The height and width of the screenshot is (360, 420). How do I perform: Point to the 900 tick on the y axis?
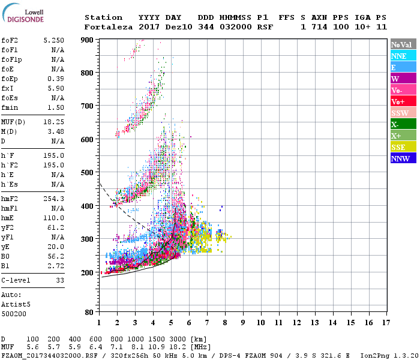(x=88, y=40)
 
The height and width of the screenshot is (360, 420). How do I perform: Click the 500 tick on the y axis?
(x=88, y=173)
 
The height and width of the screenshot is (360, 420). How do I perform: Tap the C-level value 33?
(x=59, y=280)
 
